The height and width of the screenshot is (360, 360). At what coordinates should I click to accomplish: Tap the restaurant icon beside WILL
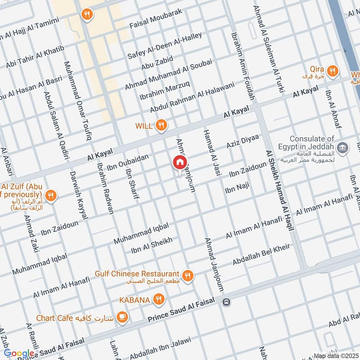point(161,126)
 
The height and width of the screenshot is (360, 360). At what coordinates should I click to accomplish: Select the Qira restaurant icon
point(333,70)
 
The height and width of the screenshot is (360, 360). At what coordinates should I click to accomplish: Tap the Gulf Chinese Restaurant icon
point(188,275)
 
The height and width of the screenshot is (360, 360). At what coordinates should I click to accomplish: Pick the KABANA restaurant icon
point(158,299)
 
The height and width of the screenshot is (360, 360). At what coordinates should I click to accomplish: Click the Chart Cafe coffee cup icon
point(122,318)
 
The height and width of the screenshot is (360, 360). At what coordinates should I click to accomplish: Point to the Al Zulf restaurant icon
point(51,196)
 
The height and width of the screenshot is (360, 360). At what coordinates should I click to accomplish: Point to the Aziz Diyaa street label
point(243,142)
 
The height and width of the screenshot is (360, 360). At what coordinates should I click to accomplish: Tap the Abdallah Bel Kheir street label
point(261,255)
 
